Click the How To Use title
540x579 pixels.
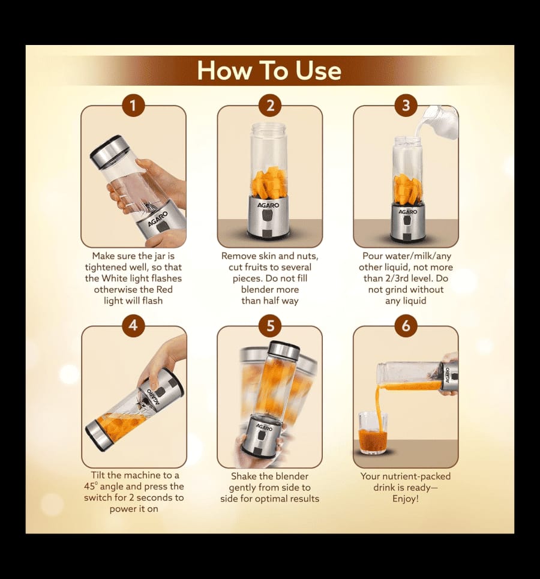pos(269,70)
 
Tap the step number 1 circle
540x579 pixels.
pos(133,106)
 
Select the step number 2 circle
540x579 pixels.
pos(270,106)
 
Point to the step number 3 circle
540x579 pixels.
pos(406,106)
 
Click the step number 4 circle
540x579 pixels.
pos(133,325)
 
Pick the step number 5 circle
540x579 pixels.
pos(270,325)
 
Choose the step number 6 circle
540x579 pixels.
pos(406,325)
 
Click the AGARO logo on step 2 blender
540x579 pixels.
pos(268,205)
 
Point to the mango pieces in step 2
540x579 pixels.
pos(270,183)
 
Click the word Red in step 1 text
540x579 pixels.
pos(164,289)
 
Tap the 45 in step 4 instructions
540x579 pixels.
pos(89,487)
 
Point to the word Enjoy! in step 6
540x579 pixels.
pos(406,499)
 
